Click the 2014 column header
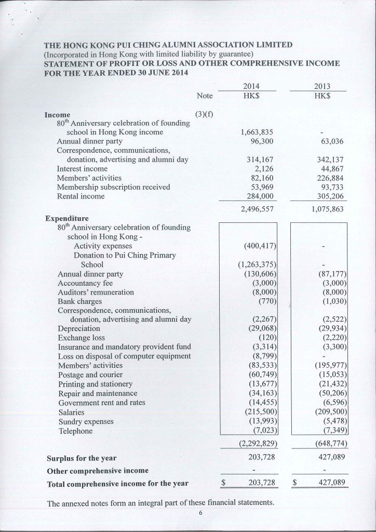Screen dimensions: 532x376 pos(251,86)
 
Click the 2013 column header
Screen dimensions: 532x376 pos(323,86)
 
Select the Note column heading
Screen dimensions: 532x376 pos(205,96)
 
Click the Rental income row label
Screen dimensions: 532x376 pos(80,196)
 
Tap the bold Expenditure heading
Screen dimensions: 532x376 pos(66,218)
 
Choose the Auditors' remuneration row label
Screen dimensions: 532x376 pos(96,292)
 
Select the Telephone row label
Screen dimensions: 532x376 pos(75,431)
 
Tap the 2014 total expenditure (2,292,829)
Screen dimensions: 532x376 pos(257,444)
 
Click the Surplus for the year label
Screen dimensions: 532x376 pos(82,458)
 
